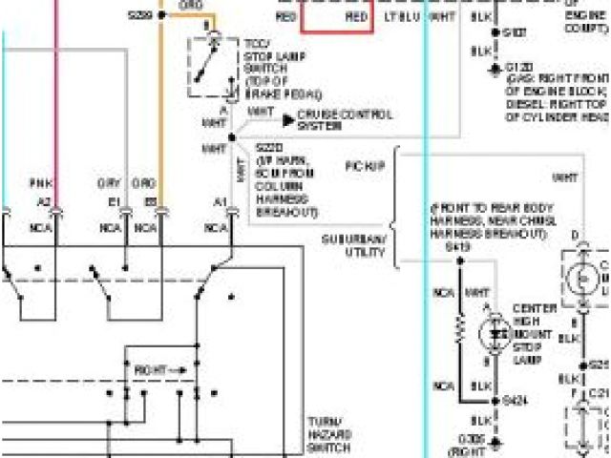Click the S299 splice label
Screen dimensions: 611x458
coord(139,16)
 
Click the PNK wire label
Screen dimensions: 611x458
coord(39,182)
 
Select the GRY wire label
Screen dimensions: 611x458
coord(107,182)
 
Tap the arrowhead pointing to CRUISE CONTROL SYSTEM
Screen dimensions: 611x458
coord(290,120)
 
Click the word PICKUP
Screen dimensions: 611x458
coord(365,166)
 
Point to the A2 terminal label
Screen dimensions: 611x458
coord(44,202)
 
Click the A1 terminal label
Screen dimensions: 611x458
coord(220,202)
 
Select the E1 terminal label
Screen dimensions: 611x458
coord(114,202)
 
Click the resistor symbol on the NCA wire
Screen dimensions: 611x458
coord(459,330)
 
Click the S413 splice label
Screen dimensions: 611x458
coord(458,246)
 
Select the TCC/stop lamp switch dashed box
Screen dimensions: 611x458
coord(216,64)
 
